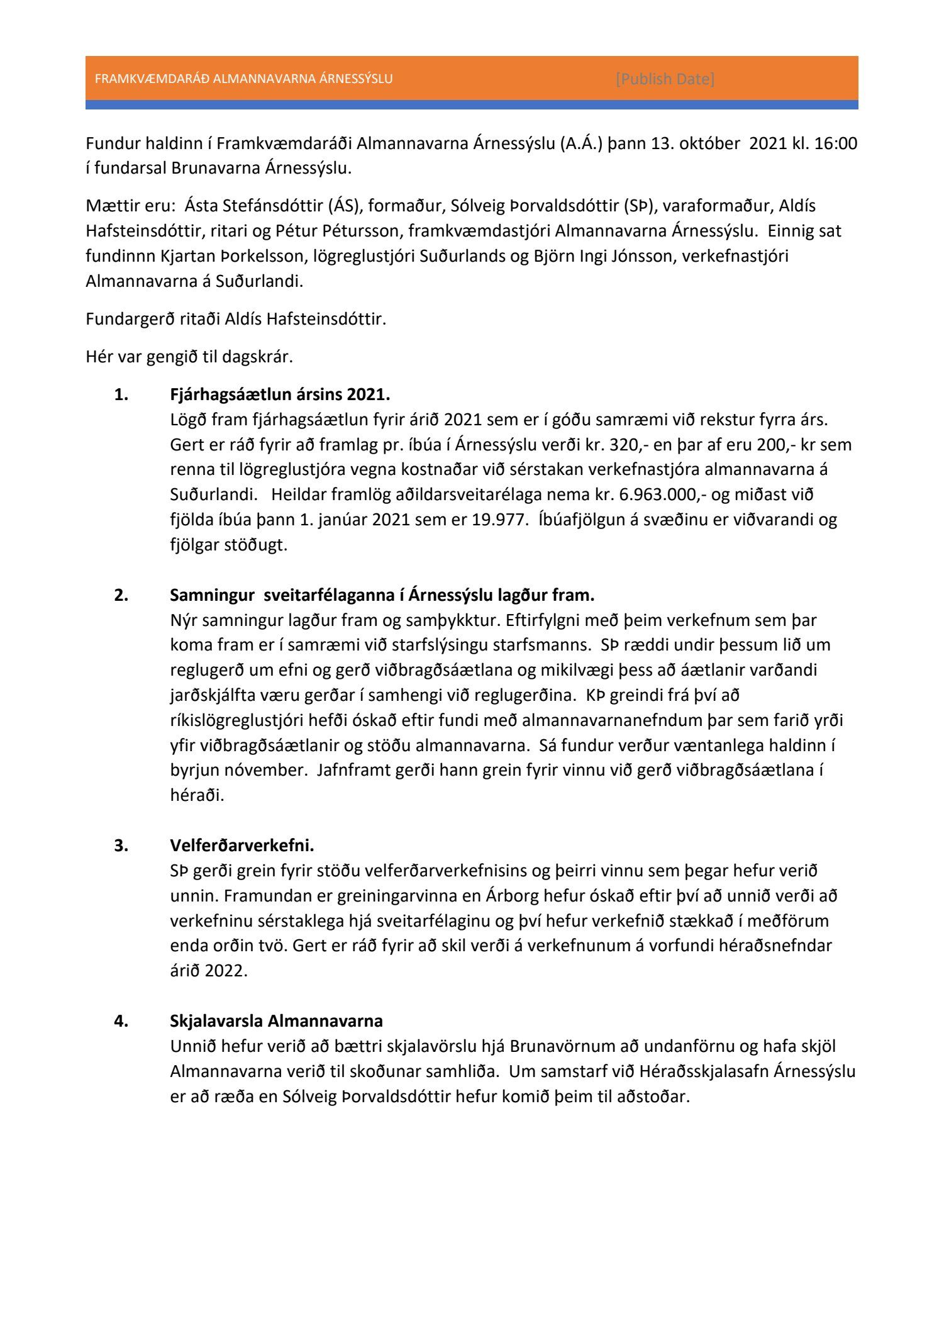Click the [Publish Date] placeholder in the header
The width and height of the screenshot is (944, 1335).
[665, 79]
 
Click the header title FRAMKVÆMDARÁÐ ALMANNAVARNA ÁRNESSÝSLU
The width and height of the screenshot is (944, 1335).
[243, 79]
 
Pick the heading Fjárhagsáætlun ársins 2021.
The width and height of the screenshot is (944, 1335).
[280, 394]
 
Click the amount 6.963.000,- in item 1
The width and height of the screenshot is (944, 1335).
[662, 494]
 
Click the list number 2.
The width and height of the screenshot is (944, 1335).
[121, 595]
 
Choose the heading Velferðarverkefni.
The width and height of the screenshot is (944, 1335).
[242, 846]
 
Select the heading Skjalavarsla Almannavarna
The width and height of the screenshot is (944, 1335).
[276, 1020]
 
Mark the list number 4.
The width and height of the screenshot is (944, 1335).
[121, 1020]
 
